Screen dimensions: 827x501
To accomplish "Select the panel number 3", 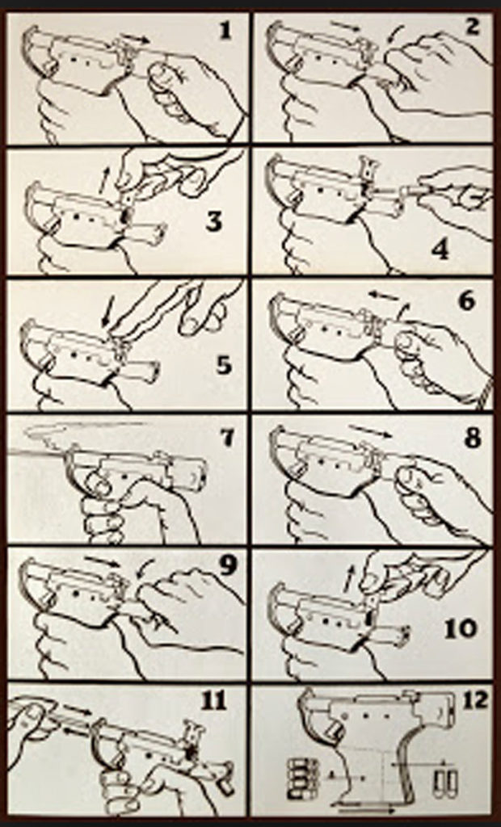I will pyautogui.click(x=213, y=220).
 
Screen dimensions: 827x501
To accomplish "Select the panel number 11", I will pyautogui.click(x=214, y=701).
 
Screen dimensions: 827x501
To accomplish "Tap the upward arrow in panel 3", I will pyautogui.click(x=103, y=182).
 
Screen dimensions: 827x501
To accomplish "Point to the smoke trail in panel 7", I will pyautogui.click(x=65, y=434).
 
